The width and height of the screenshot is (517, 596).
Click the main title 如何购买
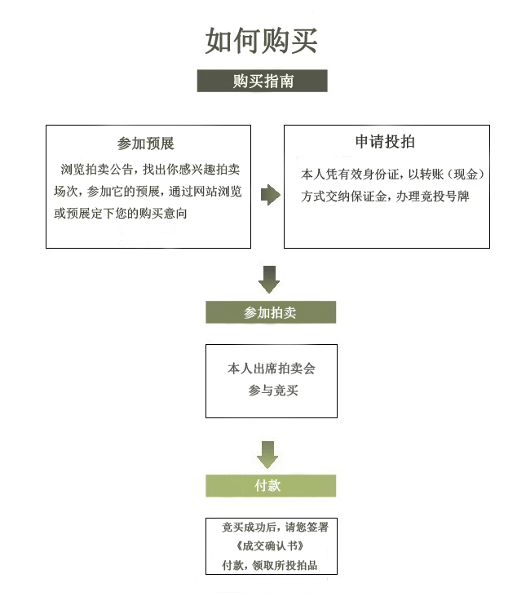click(x=261, y=41)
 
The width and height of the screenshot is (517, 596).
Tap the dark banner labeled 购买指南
click(x=263, y=81)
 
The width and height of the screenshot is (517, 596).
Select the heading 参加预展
click(x=146, y=143)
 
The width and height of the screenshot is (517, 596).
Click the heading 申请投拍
click(x=385, y=141)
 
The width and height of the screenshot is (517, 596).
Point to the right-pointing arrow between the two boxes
click(x=270, y=195)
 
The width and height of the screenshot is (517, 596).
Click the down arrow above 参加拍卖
click(x=269, y=280)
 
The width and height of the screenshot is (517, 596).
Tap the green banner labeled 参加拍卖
click(x=271, y=312)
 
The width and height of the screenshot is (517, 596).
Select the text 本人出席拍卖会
click(x=272, y=369)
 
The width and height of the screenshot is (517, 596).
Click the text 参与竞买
click(x=273, y=391)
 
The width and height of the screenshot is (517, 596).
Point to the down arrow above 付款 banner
click(x=267, y=455)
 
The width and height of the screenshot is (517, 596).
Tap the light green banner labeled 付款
click(x=271, y=486)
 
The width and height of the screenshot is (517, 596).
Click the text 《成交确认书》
click(x=270, y=546)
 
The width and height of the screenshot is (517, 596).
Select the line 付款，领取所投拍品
click(x=270, y=565)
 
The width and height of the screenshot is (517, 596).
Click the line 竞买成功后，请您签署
click(x=275, y=528)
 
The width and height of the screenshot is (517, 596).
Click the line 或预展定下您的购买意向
click(x=121, y=214)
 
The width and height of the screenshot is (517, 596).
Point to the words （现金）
click(x=466, y=174)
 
